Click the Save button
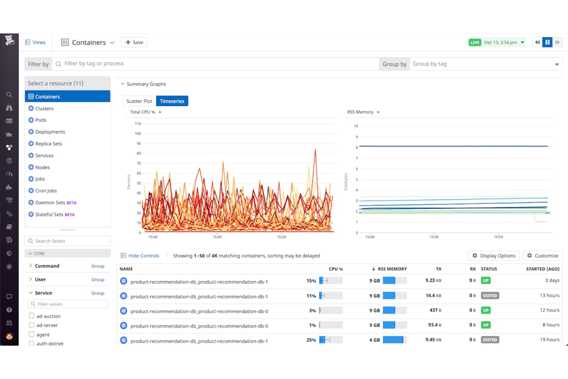coord(134,42)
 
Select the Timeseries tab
coord(172,101)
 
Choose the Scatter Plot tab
coord(139,101)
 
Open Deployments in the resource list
coord(50,132)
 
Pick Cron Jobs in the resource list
coord(46,191)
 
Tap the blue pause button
coord(547,42)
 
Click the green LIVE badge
coord(475,43)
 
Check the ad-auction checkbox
coord(31,316)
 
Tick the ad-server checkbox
coord(31,325)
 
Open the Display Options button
coord(494,256)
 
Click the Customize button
coord(543,256)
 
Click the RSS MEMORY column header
coord(392,269)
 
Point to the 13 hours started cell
coord(549,295)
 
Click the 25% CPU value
coord(311,340)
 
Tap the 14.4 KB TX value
coord(433,295)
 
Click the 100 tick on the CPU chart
coord(138,134)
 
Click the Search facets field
coord(68,241)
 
